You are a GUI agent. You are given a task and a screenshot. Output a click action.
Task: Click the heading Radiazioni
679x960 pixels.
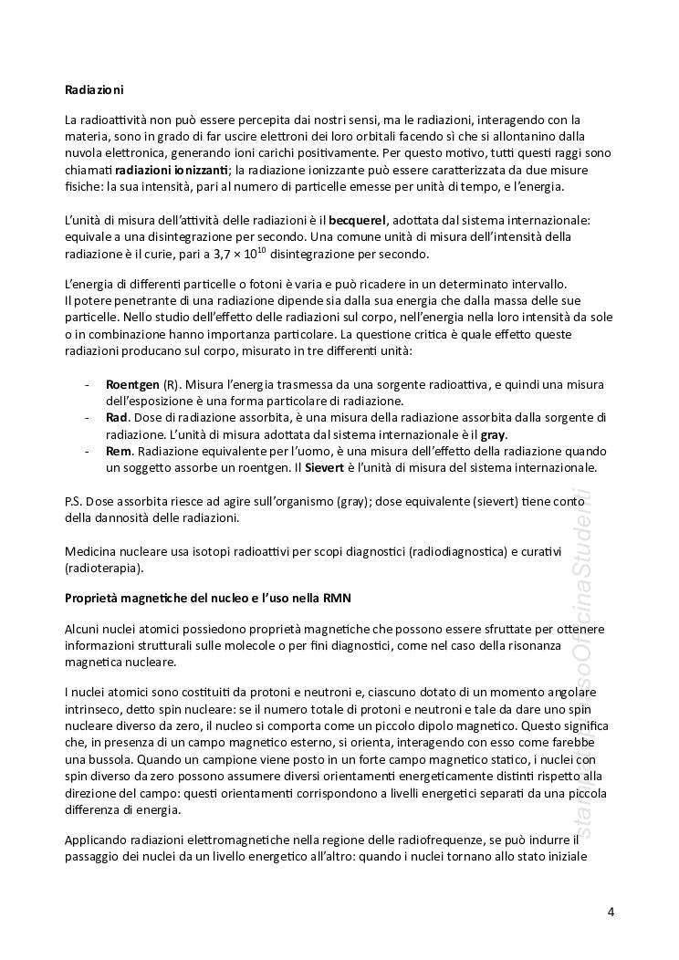coord(94,89)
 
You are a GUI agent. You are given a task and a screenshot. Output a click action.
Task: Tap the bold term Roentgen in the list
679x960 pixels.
coord(133,384)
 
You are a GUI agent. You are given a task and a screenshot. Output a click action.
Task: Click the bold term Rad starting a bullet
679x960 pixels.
coord(118,417)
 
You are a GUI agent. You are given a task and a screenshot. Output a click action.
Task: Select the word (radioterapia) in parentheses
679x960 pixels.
coord(103,567)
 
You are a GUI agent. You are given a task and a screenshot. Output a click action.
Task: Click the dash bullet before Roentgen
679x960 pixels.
coord(86,384)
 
